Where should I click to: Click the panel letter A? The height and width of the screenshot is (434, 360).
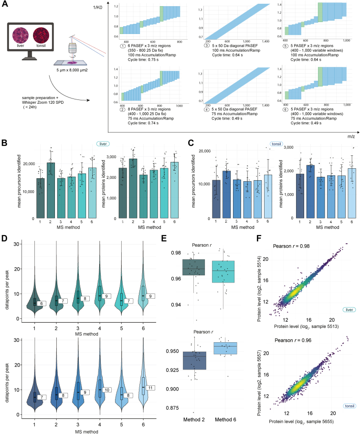coord(5,4)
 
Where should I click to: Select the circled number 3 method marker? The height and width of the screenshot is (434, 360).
coord(207,45)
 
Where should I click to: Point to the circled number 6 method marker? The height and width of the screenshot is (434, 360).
coord(286,109)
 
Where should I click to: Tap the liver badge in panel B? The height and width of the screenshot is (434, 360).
coord(103,144)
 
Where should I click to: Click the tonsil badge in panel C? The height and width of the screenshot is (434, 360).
coord(276,144)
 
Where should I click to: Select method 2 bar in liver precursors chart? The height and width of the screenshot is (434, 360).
coord(51,190)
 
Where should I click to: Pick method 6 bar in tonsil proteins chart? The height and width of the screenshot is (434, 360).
coord(352,193)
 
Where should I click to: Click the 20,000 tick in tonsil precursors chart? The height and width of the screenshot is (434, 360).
coord(205,151)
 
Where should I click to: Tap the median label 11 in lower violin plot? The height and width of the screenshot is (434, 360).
coord(150,388)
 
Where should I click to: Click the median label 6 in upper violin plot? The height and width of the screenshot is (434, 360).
coord(42,304)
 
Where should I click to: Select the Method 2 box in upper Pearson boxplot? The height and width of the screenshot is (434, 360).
coord(193,267)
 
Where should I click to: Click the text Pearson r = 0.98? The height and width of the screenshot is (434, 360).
coord(291,246)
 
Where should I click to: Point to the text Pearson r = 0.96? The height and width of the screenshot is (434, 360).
coord(293,340)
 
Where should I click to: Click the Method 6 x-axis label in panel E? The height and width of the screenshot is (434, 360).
coord(225,420)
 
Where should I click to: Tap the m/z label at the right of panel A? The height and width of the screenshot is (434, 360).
coord(351,136)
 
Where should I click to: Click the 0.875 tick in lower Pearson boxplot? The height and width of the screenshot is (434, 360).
coord(172,408)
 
